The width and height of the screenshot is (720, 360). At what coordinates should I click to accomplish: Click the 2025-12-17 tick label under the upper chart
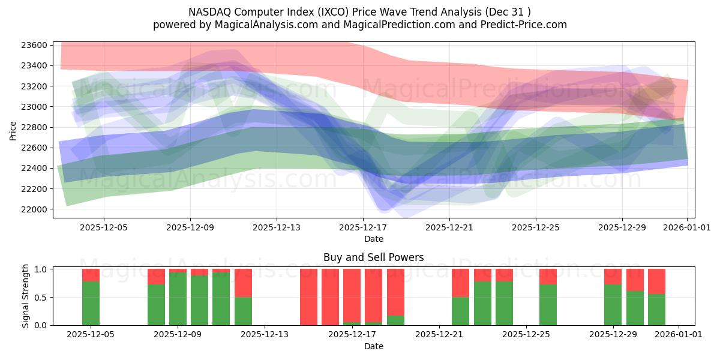pos(363,227)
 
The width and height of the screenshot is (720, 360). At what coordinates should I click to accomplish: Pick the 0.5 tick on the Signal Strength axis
pos(41,298)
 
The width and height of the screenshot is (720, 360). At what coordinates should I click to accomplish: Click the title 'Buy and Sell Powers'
pos(373,257)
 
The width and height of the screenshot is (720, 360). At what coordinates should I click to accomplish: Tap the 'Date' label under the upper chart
pos(373,239)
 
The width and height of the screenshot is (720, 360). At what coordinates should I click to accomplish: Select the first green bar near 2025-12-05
pos(91,303)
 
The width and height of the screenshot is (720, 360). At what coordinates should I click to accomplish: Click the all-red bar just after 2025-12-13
pos(308,297)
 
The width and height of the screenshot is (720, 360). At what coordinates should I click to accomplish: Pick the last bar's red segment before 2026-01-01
pos(656,281)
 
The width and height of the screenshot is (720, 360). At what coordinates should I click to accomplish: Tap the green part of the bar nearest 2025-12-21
pos(460,311)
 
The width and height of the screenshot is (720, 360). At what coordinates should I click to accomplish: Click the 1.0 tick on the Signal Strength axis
pos(41,269)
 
